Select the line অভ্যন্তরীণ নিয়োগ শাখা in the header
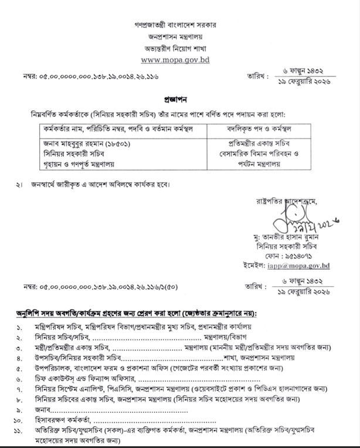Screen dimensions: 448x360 (x=176, y=47)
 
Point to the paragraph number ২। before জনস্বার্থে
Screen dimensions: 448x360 (x=21, y=186)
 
